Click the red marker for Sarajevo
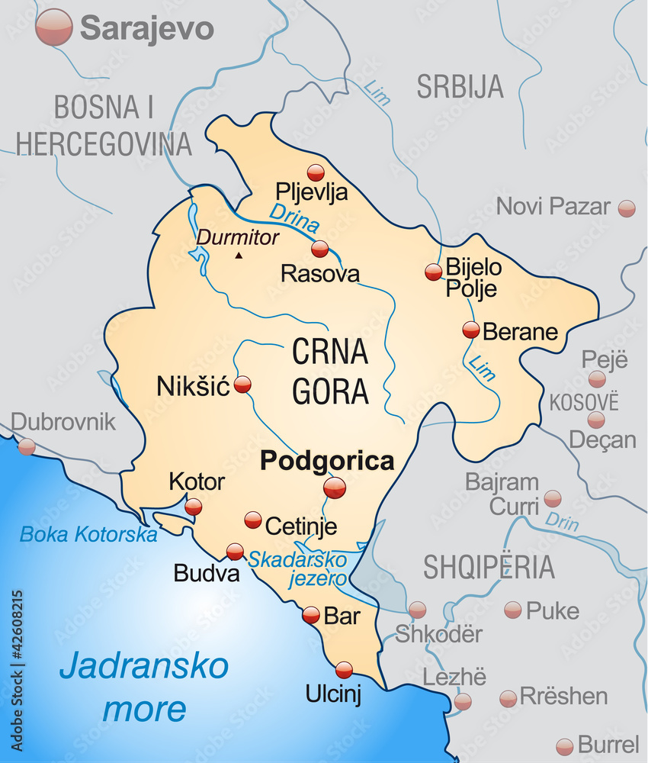54,27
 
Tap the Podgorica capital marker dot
334,488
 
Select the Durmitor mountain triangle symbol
239,255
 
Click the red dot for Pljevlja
316,172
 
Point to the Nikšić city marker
242,385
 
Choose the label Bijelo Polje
473,278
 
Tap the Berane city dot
471,330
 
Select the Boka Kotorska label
88,534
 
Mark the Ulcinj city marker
344,670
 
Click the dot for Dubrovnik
27,447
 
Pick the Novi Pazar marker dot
627,208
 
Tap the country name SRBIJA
460,86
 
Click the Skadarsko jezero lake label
297,568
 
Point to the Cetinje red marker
253,520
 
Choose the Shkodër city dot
417,610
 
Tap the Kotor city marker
194,507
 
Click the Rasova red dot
320,249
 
